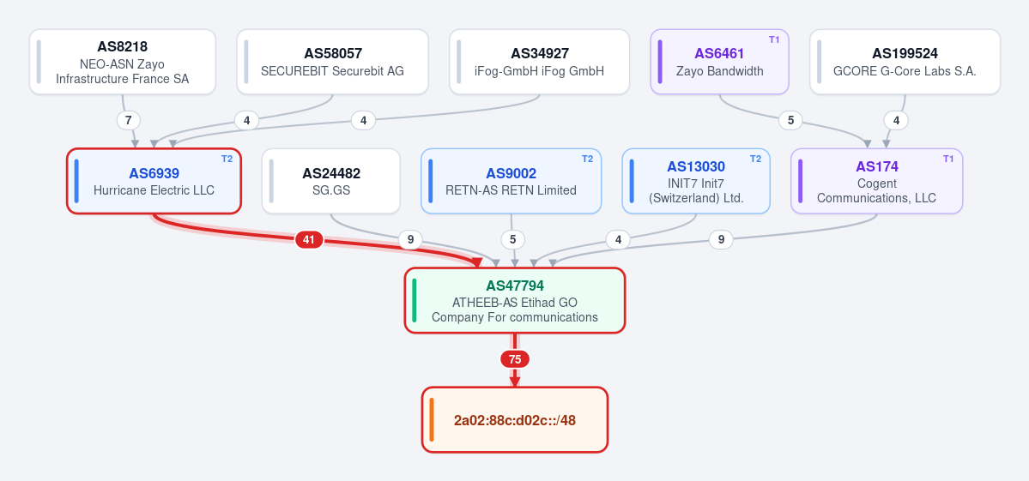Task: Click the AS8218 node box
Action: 123,62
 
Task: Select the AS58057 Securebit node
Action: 333,62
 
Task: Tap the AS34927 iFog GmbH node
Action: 540,62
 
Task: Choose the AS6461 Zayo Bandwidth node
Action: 719,62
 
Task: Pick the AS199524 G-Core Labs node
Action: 905,62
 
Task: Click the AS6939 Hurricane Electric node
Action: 154,181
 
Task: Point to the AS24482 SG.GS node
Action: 330,181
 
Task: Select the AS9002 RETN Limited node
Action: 511,181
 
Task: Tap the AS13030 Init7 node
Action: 696,181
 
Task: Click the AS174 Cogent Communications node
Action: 877,181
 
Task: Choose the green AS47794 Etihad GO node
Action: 515,300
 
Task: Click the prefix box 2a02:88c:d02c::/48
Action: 515,419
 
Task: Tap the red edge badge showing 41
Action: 309,240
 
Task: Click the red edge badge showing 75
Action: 515,359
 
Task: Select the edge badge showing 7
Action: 129,121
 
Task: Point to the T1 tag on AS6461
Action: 774,40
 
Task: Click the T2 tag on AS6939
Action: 227,159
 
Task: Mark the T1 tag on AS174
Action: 948,159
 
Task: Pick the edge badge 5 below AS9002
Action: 513,240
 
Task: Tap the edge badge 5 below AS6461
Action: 790,121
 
